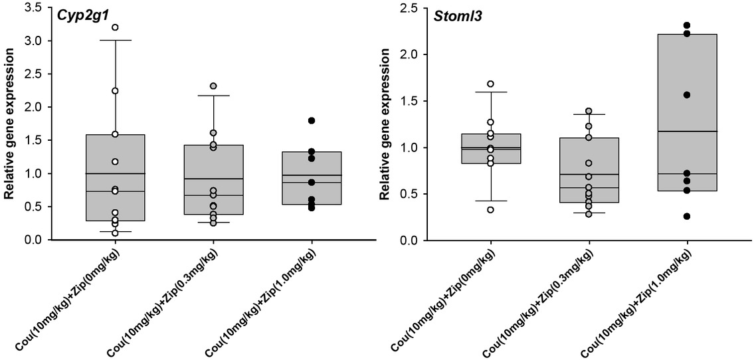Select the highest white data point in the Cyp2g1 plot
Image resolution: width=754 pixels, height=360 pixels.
(x=115, y=27)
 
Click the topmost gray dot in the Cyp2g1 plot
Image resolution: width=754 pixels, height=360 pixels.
(x=213, y=86)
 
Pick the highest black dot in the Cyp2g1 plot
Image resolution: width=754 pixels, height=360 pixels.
(x=311, y=120)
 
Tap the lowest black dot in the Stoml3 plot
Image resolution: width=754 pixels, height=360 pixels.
(x=687, y=216)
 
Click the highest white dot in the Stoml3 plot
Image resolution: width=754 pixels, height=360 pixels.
(x=491, y=84)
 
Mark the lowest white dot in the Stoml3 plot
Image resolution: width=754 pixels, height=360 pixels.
(x=491, y=209)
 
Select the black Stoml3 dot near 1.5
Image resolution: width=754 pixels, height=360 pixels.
(x=687, y=95)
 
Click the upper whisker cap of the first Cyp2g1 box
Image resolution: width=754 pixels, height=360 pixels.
(x=115, y=41)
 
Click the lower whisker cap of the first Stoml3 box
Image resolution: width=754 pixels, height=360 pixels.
(x=491, y=201)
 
